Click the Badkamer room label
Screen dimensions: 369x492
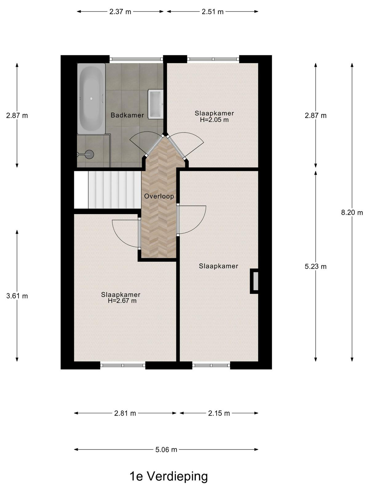point(127,115)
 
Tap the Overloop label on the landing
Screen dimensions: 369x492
point(159,196)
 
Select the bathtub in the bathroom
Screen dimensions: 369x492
point(91,98)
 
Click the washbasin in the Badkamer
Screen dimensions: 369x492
point(156,104)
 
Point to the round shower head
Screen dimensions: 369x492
point(89,154)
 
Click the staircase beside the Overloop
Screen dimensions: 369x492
point(108,190)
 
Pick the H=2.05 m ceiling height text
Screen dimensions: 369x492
point(214,120)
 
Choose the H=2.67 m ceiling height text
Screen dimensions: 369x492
point(122,301)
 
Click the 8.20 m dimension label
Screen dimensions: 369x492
point(352,212)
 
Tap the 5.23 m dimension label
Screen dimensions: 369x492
point(315,267)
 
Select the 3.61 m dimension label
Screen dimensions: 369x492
point(17,296)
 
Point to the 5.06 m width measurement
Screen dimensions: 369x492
point(166,450)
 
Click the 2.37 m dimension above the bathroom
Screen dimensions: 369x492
point(120,12)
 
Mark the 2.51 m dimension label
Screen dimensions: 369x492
point(212,12)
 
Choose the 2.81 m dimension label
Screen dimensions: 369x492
point(125,413)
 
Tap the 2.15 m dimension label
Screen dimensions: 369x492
point(219,413)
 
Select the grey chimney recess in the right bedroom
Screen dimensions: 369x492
point(256,281)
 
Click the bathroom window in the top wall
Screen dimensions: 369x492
point(136,59)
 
